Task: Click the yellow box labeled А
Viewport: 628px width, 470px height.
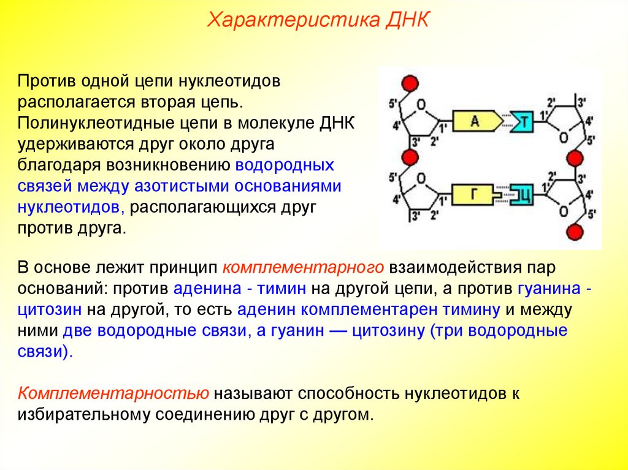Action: [x=474, y=121]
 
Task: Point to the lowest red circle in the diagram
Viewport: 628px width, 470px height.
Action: [x=574, y=232]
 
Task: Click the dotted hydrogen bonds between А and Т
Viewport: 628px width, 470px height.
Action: [x=504, y=121]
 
